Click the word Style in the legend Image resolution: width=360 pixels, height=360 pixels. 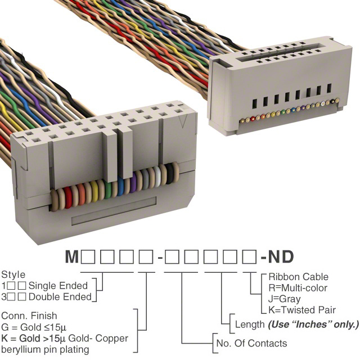coord(13,275)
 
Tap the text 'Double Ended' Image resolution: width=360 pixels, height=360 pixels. coord(60,296)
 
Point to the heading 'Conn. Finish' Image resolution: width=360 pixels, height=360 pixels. coord(29,317)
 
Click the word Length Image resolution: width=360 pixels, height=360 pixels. coord(250,325)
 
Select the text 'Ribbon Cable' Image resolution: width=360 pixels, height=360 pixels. coord(298,277)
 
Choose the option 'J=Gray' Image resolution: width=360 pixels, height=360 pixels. coord(284,299)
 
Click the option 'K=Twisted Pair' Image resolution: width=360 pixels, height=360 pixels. coord(302,309)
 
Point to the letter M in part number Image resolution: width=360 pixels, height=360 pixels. coord(71,258)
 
